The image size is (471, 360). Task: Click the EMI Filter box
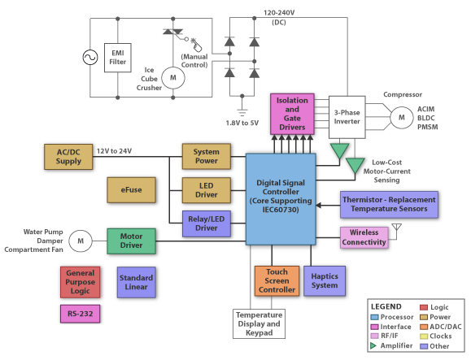click(117, 58)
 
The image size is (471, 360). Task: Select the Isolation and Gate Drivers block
click(292, 114)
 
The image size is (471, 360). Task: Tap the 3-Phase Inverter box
click(347, 117)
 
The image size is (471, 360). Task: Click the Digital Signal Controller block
click(281, 199)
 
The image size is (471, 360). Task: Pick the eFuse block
click(131, 190)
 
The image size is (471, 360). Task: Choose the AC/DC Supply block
click(68, 157)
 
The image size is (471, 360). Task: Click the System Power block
click(207, 156)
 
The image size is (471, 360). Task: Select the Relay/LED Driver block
click(207, 223)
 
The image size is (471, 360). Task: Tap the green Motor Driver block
click(131, 241)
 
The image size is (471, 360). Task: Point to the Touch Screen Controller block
click(277, 281)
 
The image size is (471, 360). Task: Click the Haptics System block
click(325, 281)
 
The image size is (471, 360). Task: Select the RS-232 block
click(80, 314)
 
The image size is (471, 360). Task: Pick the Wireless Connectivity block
click(364, 237)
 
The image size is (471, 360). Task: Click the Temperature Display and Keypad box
click(259, 324)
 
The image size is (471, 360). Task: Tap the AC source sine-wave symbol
click(90, 58)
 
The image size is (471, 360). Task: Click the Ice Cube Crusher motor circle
click(173, 78)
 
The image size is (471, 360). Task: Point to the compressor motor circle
click(402, 117)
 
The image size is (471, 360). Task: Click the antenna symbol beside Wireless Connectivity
click(396, 228)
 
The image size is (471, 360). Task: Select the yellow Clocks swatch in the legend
click(424, 336)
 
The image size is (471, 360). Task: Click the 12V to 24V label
click(114, 151)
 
